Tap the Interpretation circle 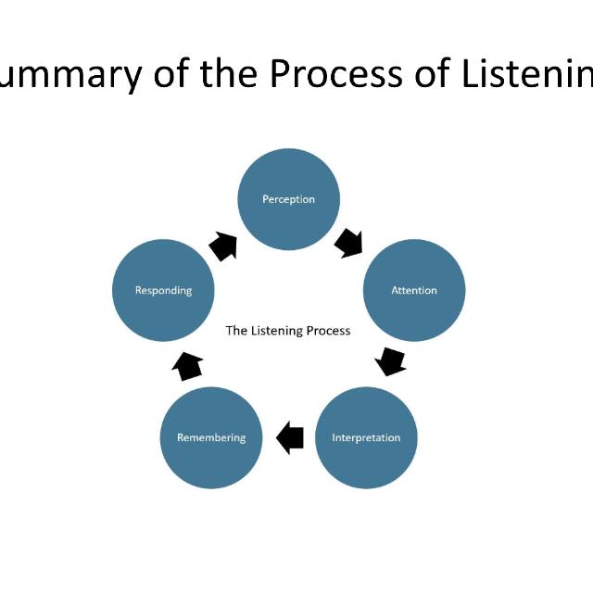click(366, 437)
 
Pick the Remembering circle click(211, 437)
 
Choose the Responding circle click(163, 290)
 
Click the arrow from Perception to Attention click(350, 243)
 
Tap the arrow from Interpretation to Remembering click(290, 436)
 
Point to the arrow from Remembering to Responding click(188, 365)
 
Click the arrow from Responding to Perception click(222, 246)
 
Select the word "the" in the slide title click(230, 74)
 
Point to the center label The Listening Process click(288, 330)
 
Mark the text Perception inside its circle click(288, 199)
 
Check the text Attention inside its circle click(413, 290)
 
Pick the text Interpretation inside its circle click(366, 437)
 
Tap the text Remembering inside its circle click(211, 437)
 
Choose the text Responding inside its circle click(163, 290)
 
